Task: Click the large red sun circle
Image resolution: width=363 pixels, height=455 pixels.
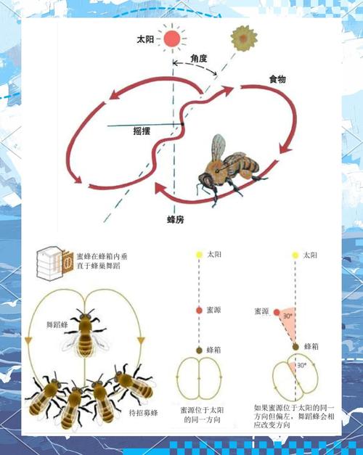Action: coord(172,38)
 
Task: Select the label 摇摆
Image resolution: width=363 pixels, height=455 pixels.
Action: coord(142,131)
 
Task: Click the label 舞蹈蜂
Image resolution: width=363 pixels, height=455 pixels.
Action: coord(57,325)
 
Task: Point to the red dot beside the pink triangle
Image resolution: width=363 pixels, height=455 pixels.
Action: coord(277,313)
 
